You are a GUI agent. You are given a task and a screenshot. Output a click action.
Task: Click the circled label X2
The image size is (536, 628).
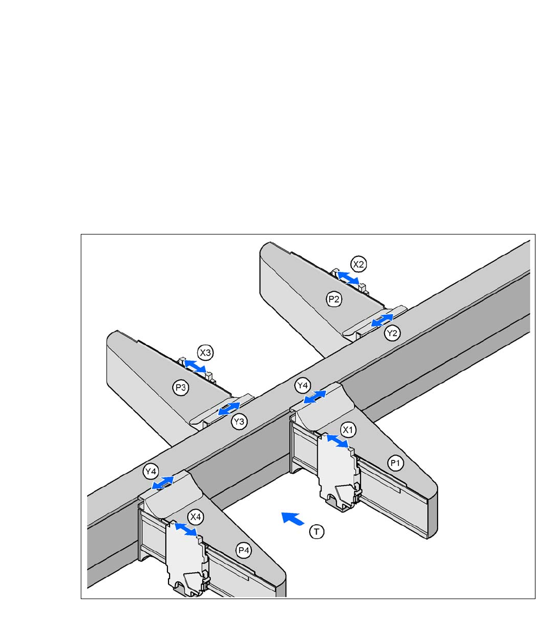tap(359, 263)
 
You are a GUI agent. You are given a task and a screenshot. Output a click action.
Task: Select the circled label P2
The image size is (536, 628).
tap(334, 299)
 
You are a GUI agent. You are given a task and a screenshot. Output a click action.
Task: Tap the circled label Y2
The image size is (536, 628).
tap(392, 333)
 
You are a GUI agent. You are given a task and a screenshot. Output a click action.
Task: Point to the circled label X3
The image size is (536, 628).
tap(206, 352)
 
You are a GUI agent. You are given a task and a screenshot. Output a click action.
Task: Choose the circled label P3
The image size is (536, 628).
tap(181, 388)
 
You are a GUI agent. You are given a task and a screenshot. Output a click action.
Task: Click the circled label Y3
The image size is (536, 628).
tap(240, 422)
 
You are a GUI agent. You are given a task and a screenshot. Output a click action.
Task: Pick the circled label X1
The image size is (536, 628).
tap(349, 429)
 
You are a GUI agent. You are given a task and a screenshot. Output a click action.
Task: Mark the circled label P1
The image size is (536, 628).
tap(395, 464)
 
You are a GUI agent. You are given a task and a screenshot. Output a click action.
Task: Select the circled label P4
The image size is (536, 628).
tap(244, 550)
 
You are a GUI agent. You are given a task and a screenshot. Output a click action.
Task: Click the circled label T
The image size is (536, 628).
tap(317, 531)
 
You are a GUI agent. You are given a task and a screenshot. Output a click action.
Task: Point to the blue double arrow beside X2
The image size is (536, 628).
tap(348, 277)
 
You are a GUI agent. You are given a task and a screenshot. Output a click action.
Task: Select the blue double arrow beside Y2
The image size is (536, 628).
tap(382, 321)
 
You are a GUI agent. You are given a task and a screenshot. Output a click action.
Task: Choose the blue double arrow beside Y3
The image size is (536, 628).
tap(229, 409)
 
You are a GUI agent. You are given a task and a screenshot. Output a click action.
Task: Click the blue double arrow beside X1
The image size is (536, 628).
tap(337, 441)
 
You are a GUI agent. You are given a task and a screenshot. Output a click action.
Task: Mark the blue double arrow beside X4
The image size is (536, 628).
tap(186, 529)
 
